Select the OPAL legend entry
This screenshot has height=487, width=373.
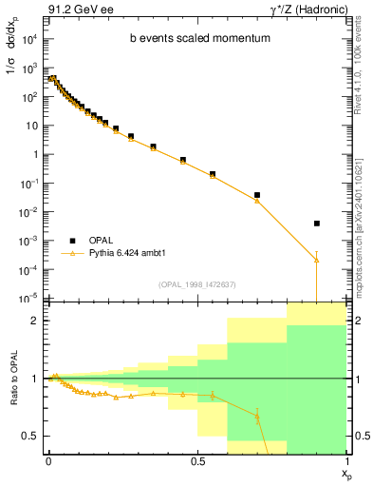[x=103, y=240]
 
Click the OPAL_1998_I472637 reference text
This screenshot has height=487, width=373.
[x=198, y=284]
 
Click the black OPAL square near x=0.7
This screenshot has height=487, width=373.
[x=257, y=195]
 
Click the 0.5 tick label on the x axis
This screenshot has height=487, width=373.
[x=196, y=460]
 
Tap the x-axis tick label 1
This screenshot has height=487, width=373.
[x=346, y=460]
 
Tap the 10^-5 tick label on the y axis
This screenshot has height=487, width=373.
[x=28, y=299]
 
